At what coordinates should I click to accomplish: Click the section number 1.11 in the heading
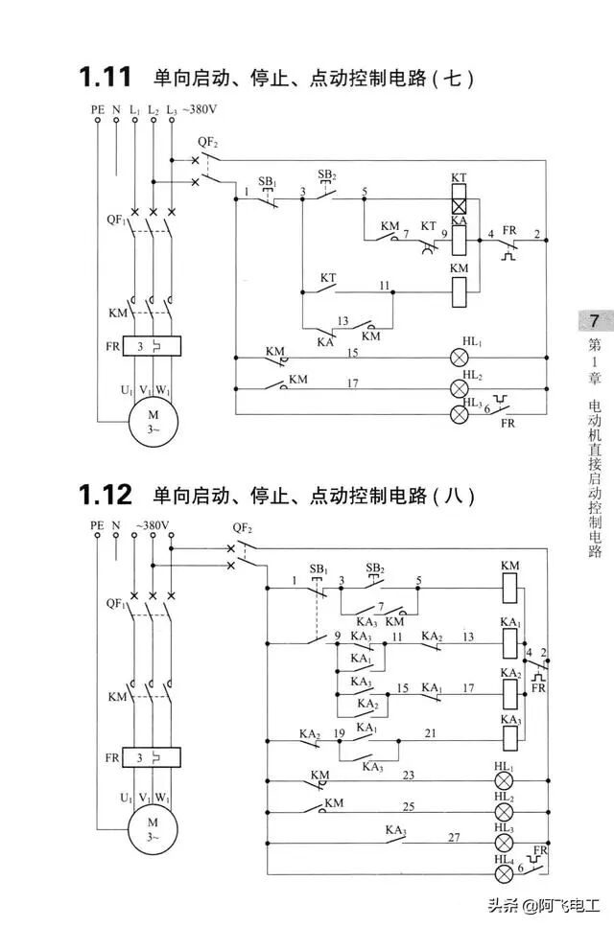coord(106,77)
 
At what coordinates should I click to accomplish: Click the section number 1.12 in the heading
coord(106,495)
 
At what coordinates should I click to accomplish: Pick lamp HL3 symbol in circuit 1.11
coord(460,414)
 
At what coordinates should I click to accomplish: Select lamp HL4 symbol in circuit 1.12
coord(502,871)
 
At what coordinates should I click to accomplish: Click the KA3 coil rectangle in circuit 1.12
coord(509,735)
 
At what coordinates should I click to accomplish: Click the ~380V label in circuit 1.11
coord(201,109)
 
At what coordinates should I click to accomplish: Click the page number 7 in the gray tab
coord(594,320)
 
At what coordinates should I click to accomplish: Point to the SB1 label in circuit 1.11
coord(268,182)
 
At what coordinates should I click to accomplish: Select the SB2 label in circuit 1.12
coord(375,568)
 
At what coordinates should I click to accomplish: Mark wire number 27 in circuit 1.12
coord(454,837)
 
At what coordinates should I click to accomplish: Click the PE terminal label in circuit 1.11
coord(97,110)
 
